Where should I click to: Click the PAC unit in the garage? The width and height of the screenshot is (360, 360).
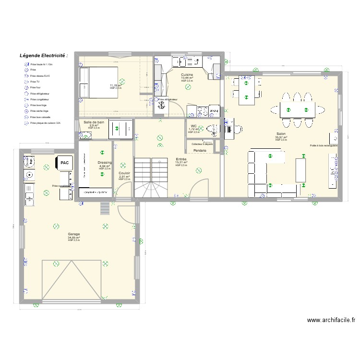point(64,163)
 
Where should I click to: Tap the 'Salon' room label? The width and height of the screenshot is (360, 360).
point(281,134)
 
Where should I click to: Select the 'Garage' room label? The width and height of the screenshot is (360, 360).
point(74,234)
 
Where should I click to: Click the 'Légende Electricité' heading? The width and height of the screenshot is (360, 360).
point(43,56)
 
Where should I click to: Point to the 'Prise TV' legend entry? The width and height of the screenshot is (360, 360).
point(35,82)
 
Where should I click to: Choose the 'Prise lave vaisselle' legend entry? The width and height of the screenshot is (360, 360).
point(39,117)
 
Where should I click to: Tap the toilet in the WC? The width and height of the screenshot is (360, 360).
point(212,129)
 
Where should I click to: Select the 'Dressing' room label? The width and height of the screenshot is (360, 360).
point(105,163)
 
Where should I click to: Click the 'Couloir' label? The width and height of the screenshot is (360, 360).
point(124,173)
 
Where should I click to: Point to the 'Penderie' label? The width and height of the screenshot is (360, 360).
point(200,151)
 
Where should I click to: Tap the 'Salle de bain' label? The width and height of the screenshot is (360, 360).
point(94,122)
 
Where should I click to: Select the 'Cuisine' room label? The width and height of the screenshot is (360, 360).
point(187,75)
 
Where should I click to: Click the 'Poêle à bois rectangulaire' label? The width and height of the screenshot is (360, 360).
point(324,145)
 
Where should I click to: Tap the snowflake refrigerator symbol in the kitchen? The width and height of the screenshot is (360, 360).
point(158,100)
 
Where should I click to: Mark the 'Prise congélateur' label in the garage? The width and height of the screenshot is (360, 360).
point(61,186)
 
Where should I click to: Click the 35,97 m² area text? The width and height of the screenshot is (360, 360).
point(281,137)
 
